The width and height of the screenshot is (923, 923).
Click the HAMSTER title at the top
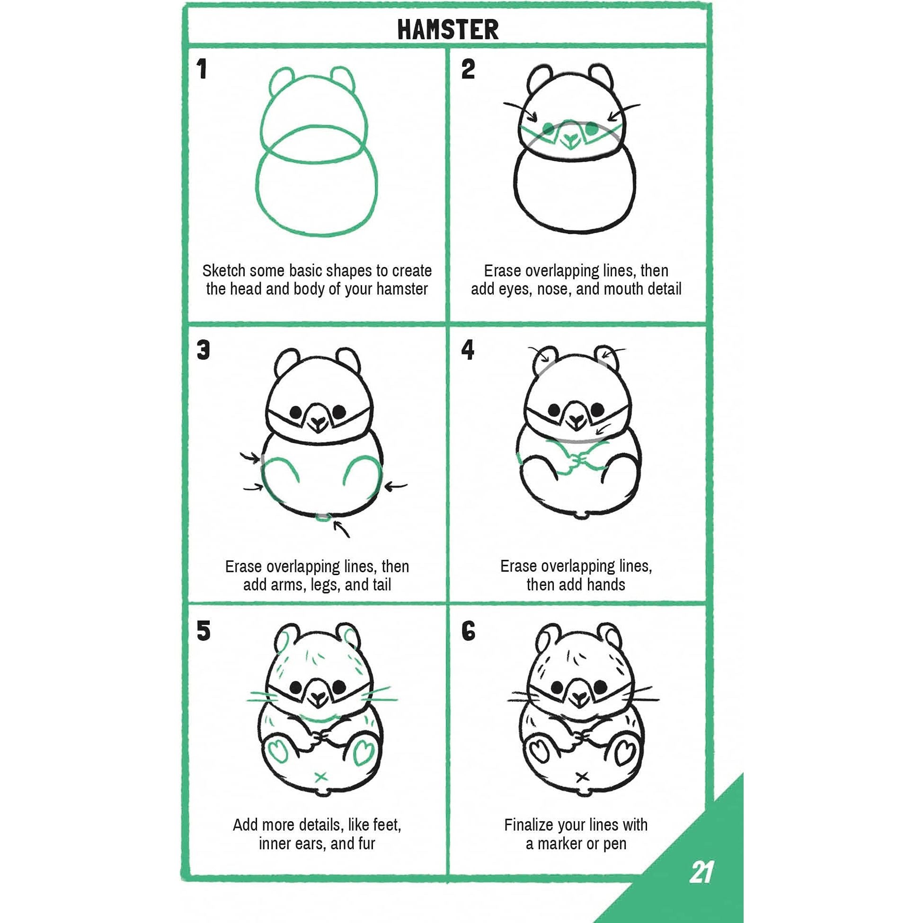(x=448, y=30)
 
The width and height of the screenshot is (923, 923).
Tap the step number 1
(x=202, y=69)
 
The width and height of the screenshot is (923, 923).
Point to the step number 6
(x=468, y=630)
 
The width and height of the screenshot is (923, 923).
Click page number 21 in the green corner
(x=701, y=872)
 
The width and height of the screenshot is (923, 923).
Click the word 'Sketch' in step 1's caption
(x=223, y=271)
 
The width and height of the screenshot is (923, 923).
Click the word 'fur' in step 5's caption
(x=366, y=843)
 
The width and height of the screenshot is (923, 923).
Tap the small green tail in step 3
(x=323, y=517)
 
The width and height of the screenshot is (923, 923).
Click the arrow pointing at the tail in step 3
(x=342, y=529)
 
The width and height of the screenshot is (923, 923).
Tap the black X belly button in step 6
(x=581, y=777)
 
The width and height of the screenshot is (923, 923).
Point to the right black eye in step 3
(x=339, y=411)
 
